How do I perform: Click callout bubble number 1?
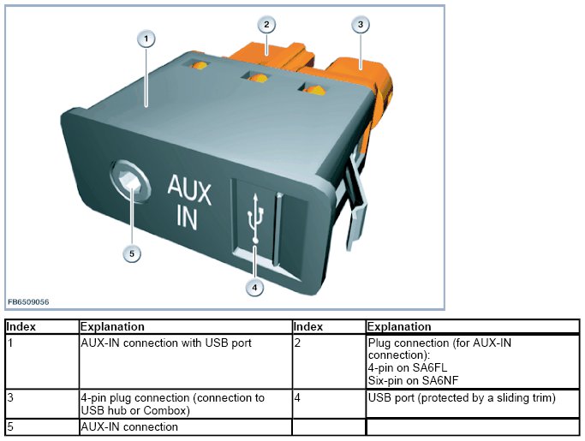[x=147, y=39]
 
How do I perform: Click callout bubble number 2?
[x=267, y=24]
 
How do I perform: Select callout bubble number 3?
[x=361, y=25]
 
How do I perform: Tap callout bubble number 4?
[x=254, y=288]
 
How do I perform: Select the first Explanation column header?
[x=111, y=326]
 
